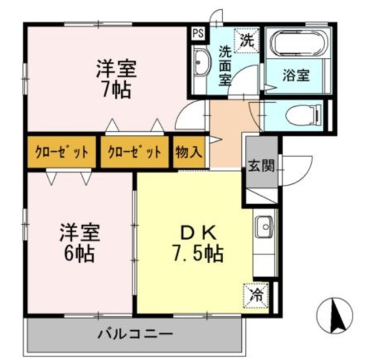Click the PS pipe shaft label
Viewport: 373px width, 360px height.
(x=197, y=33)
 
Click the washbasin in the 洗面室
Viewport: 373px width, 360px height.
(x=200, y=62)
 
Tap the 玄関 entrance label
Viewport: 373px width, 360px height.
(x=261, y=165)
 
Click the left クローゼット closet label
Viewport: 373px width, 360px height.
(x=61, y=153)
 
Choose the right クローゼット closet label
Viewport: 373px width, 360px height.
(x=135, y=153)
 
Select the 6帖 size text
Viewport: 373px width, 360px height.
(x=79, y=254)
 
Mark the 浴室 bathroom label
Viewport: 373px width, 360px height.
(x=296, y=75)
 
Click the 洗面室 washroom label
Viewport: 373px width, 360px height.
(x=226, y=65)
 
